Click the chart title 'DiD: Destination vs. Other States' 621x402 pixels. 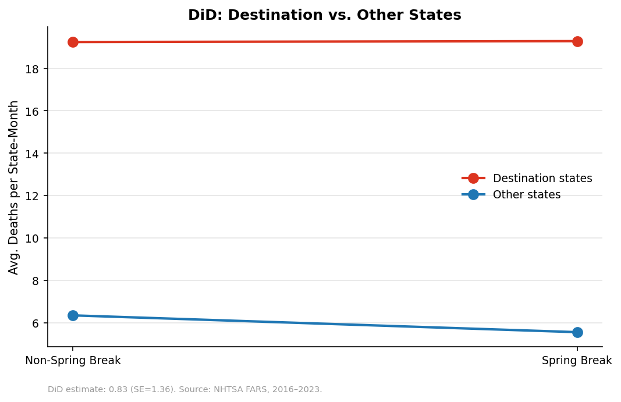click(x=324, y=15)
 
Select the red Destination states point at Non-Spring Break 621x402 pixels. click(x=73, y=42)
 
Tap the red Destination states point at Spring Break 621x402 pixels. click(x=577, y=41)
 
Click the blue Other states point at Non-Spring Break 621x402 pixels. click(x=73, y=315)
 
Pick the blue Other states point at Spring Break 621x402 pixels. click(x=577, y=332)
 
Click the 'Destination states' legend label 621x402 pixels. click(x=542, y=179)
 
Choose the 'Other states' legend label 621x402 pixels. click(x=526, y=195)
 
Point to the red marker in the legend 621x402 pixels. click(x=473, y=179)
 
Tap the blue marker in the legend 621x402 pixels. click(x=473, y=195)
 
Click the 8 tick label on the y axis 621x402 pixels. click(x=37, y=281)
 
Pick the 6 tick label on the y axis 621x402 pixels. click(x=37, y=323)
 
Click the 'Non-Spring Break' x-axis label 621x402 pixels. click(x=73, y=361)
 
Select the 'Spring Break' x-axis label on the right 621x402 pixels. click(x=577, y=361)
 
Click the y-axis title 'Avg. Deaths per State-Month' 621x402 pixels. click(x=14, y=187)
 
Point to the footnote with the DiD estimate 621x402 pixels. click(x=184, y=389)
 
